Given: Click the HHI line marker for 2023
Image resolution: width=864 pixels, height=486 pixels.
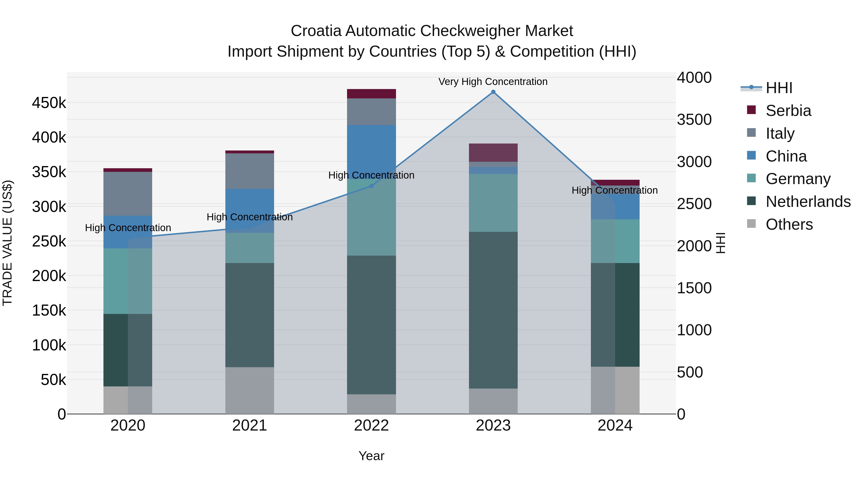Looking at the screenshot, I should [493, 92].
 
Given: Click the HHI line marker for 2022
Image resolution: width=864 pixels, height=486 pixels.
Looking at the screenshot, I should [371, 186].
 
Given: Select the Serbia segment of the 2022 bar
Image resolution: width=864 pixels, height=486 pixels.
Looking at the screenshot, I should [371, 94].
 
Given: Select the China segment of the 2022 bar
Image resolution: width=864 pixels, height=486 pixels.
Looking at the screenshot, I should [371, 148].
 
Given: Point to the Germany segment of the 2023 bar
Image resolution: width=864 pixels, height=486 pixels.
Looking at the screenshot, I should [493, 203].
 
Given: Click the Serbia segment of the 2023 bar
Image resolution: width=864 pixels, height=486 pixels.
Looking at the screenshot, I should [493, 153].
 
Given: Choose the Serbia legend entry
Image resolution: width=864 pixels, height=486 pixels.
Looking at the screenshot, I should [788, 111].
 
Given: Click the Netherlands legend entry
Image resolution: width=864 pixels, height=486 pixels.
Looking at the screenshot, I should [808, 202].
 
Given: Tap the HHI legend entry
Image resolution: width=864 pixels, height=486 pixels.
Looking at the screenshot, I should [779, 88].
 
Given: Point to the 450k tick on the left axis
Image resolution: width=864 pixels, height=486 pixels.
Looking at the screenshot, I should [49, 103].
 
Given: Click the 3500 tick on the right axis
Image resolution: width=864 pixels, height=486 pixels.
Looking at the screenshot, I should [694, 120].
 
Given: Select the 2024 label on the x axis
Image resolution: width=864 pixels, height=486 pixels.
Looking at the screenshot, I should [615, 426].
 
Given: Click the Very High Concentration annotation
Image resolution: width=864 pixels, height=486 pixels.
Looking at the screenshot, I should [493, 82].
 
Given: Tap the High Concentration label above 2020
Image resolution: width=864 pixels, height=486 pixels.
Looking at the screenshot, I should [128, 228].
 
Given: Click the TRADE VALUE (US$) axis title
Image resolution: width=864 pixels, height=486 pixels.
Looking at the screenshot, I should [7, 243].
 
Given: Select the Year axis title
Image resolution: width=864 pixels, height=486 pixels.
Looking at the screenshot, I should [371, 456].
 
